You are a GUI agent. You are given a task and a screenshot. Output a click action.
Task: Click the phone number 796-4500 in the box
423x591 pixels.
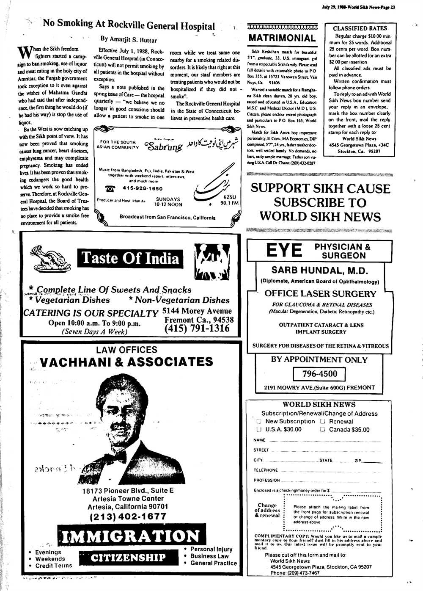click(x=319, y=374)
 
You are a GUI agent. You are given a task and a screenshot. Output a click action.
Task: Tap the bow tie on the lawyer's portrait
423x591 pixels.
click(x=115, y=457)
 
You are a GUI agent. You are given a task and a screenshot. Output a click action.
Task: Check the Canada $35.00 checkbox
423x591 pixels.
click(x=322, y=430)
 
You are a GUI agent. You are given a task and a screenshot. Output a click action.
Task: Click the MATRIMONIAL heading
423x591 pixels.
click(x=282, y=38)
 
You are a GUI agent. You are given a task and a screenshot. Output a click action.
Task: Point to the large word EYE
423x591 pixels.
click(x=284, y=251)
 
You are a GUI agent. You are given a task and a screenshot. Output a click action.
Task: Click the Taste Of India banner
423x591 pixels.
click(x=130, y=258)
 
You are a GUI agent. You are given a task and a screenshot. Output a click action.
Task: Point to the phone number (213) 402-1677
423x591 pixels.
click(x=128, y=516)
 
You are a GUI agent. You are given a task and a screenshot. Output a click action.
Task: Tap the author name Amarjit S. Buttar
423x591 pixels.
click(x=129, y=40)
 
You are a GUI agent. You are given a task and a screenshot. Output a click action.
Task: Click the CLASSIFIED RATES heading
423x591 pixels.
click(x=360, y=28)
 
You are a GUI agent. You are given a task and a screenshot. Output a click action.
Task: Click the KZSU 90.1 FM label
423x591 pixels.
click(x=229, y=200)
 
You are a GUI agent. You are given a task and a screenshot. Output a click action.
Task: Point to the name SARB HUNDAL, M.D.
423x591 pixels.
click(x=319, y=270)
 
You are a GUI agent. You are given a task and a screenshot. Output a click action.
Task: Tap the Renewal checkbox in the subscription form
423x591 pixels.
click(x=322, y=422)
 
